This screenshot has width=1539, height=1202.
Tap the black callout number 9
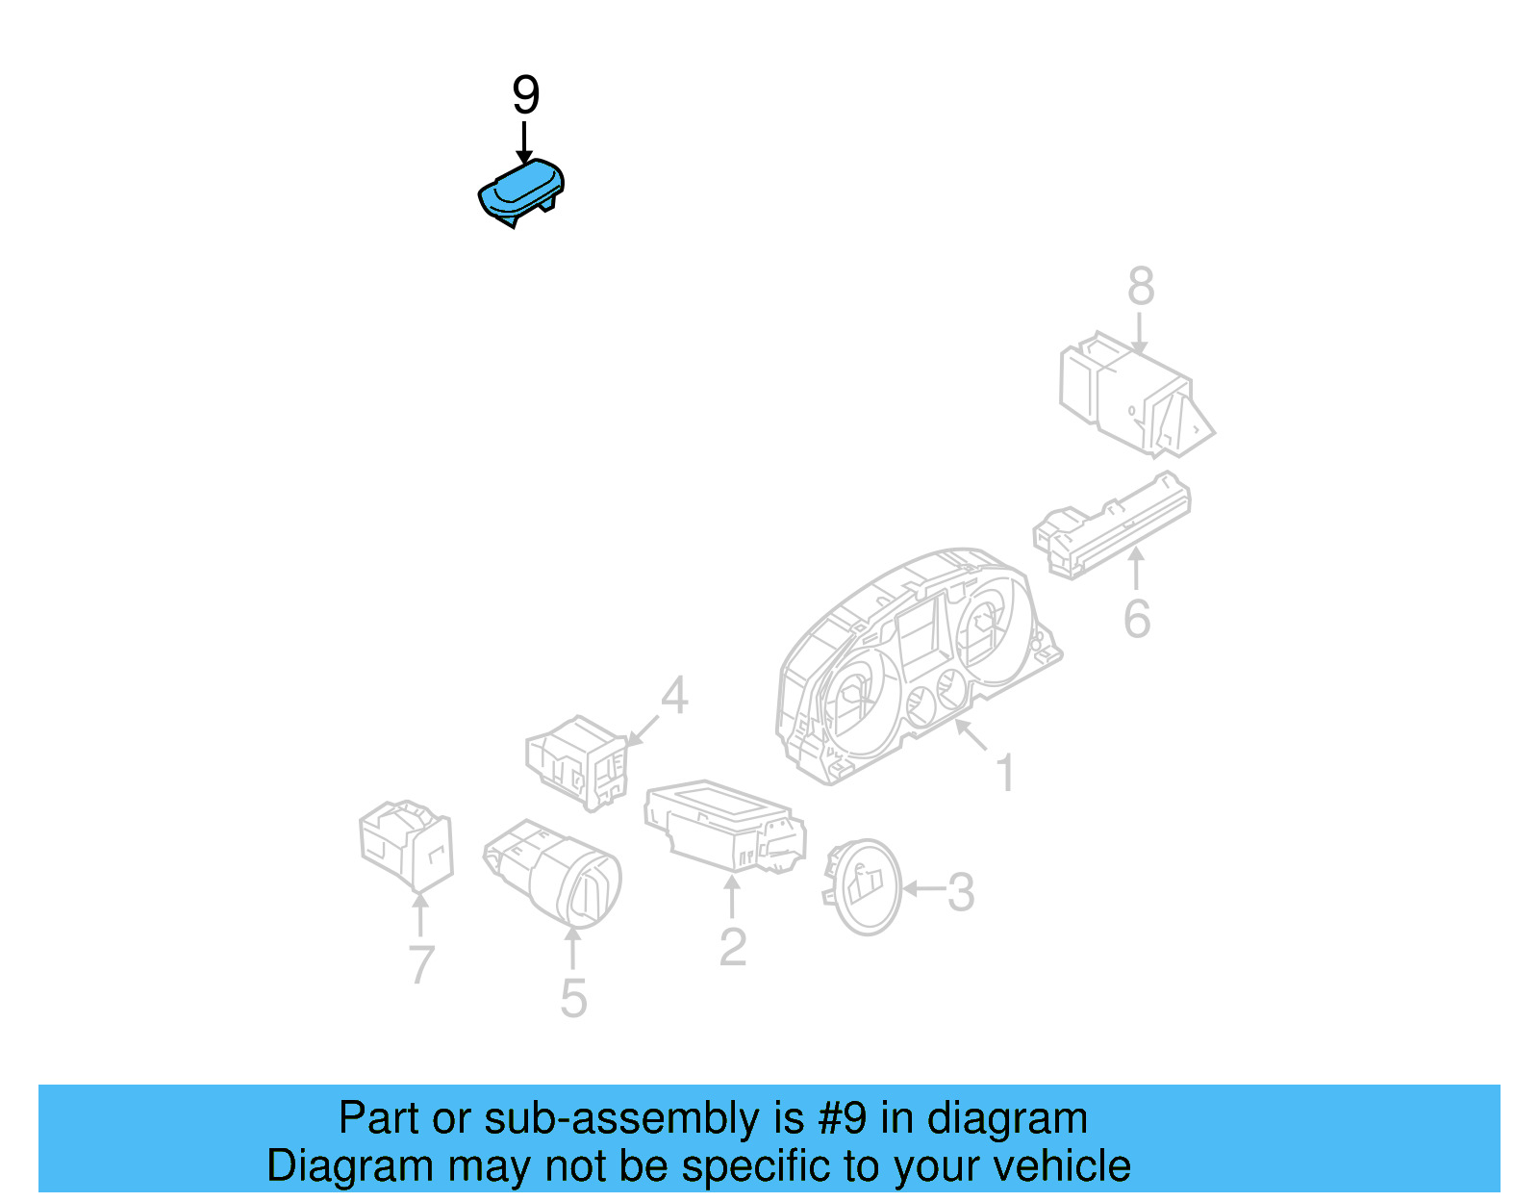coord(525,95)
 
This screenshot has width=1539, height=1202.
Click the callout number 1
coord(1005,774)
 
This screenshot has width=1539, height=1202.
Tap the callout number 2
coord(732,948)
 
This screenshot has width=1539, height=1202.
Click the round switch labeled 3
coord(864,886)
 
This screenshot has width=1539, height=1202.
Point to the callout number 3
coord(961,892)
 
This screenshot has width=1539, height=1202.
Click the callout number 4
coord(674,696)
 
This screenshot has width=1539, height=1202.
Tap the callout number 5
coord(573,999)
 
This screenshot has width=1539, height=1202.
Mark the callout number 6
coord(1136,619)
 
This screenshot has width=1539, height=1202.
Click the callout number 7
coord(421,964)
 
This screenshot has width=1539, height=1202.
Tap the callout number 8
coord(1141,287)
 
